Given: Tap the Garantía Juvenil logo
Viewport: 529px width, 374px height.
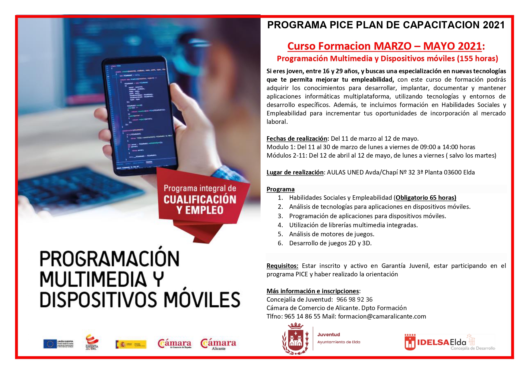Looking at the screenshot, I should [92, 343].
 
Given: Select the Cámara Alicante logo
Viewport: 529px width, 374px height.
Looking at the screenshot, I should [219, 344].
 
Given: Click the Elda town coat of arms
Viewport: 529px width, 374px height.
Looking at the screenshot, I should [295, 339].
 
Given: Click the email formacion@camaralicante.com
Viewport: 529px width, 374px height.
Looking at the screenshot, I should [382, 316].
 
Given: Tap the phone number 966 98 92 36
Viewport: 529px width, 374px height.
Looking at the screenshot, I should [354, 300].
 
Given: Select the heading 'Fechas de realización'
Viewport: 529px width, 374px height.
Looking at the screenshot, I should [297, 139].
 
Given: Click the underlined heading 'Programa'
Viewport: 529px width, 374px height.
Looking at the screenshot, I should [280, 189].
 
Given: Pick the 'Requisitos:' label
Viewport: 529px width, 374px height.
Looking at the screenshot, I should [282, 266].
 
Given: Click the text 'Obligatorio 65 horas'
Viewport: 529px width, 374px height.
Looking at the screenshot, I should [426, 198].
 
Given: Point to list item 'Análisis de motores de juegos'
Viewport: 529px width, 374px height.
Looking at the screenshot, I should [331, 234].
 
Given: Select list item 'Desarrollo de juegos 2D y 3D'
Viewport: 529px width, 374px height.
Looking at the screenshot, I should [330, 243].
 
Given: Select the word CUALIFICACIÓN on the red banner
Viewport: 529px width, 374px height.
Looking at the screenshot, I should [200, 200].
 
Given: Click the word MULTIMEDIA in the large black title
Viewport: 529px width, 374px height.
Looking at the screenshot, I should [93, 279].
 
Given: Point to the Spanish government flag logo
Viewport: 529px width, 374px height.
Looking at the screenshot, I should [131, 344].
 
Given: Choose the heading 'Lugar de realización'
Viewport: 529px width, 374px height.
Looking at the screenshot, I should [295, 172].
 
